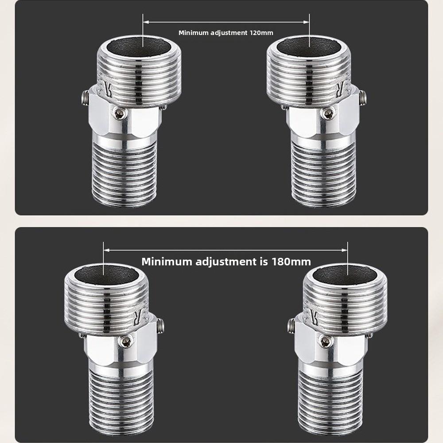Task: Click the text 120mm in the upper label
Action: point(261,33)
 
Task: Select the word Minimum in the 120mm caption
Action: point(193,33)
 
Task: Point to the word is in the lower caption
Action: point(262,261)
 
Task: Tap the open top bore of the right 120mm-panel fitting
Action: point(309,44)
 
